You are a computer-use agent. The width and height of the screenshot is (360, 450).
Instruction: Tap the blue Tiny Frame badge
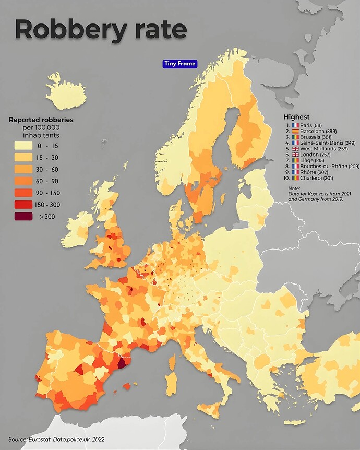coord(180,64)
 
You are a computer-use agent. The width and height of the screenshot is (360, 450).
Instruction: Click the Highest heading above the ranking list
coord(296,117)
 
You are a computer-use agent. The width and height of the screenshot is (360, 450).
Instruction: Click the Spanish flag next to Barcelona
coord(295,131)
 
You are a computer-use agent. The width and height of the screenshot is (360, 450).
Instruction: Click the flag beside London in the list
coord(295,155)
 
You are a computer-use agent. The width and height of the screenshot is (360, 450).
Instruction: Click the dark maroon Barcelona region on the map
coord(123,363)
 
